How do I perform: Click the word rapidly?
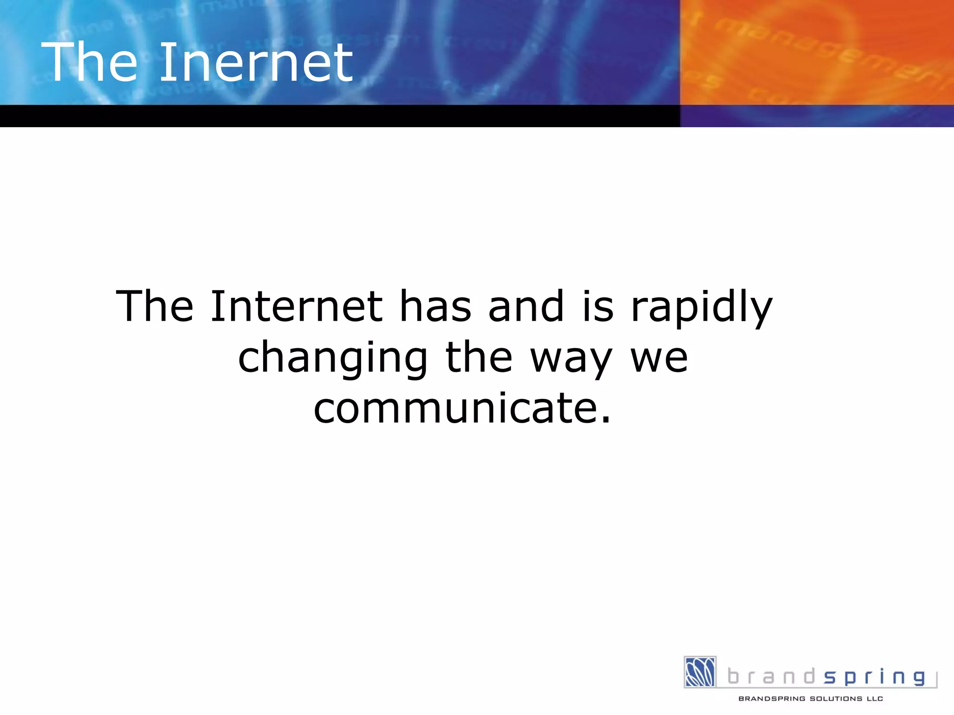point(702,307)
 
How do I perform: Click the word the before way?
point(479,357)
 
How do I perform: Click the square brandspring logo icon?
point(700,672)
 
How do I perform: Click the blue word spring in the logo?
point(874,677)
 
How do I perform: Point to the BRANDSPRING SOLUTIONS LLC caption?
point(811,699)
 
